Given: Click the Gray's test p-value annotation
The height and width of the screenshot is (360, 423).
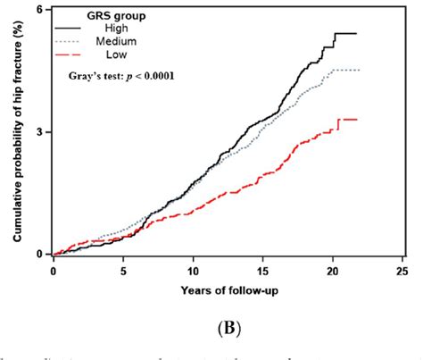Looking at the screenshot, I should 121,76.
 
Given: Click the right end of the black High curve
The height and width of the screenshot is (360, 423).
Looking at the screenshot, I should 356,34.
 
